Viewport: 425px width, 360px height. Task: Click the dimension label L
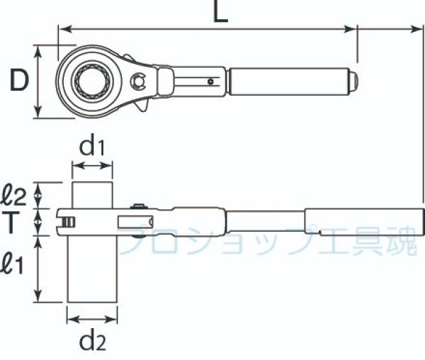pyautogui.click(x=221, y=11)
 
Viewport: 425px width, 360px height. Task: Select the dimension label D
pyautogui.click(x=19, y=80)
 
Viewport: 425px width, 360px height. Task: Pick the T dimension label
pyautogui.click(x=10, y=223)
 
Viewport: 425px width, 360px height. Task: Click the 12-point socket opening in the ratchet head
pyautogui.click(x=92, y=81)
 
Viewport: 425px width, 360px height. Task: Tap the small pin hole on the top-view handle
pyautogui.click(x=210, y=81)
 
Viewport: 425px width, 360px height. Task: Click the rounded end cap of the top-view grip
pyautogui.click(x=353, y=81)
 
